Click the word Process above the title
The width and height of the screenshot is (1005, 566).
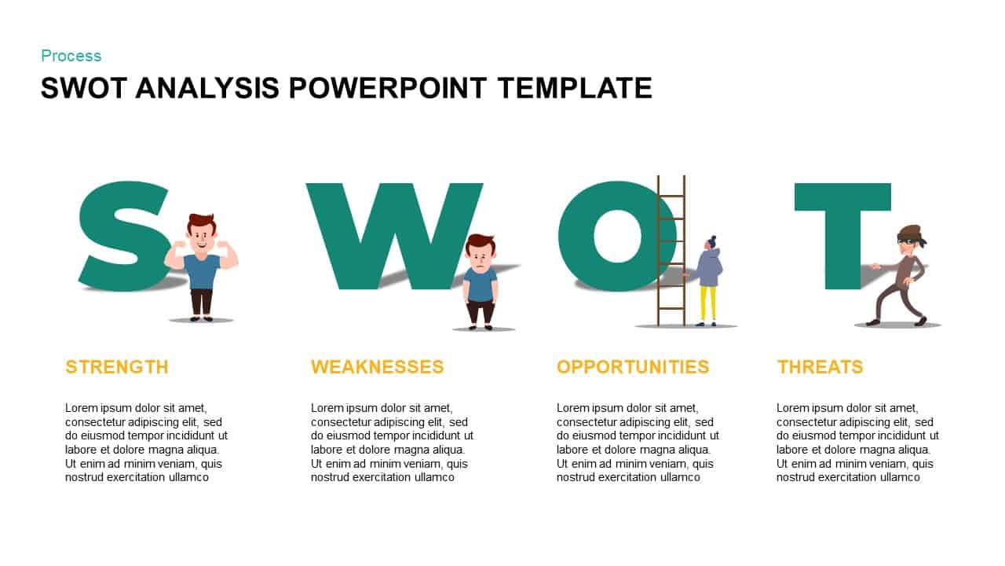tap(71, 56)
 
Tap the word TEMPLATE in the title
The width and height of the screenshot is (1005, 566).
tap(575, 88)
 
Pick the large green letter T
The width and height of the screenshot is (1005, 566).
tap(842, 228)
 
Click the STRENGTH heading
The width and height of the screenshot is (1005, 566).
tap(117, 367)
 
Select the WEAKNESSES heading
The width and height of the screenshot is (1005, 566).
tap(377, 367)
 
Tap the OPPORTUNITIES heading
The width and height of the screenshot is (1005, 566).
tap(632, 367)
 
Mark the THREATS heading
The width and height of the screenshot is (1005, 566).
tap(820, 367)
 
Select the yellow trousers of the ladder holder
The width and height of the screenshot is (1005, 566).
tap(708, 303)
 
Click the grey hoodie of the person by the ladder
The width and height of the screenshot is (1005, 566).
tap(709, 267)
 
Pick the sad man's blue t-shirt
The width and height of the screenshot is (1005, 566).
tap(481, 284)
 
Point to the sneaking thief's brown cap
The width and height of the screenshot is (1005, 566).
tap(909, 231)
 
